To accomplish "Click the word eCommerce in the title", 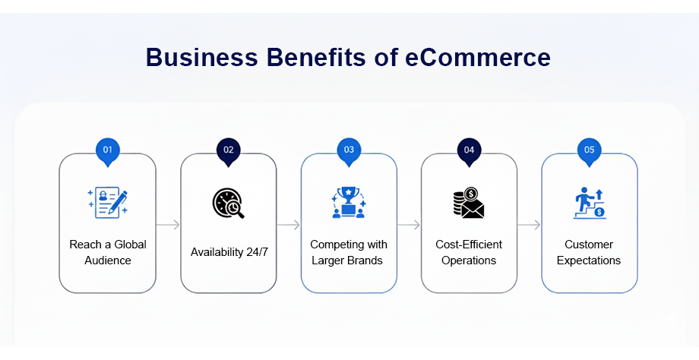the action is point(477,57).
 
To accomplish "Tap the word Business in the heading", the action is point(202,57).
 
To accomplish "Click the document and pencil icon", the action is point(107,203).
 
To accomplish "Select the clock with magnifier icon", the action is point(228,204).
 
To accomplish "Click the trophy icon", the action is point(349,202).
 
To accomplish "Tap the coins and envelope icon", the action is point(469,203).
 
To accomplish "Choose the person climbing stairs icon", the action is point(590,204).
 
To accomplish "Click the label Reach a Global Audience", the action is point(107,252).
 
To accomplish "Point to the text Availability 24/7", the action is point(229,252).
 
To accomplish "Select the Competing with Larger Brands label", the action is point(348,252).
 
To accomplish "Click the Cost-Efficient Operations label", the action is point(469,252).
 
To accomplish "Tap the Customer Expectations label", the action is point(589,252).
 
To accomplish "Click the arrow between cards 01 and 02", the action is point(168,225).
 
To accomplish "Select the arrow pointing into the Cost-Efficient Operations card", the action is point(409,225).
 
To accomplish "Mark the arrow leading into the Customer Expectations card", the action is point(529,225).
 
